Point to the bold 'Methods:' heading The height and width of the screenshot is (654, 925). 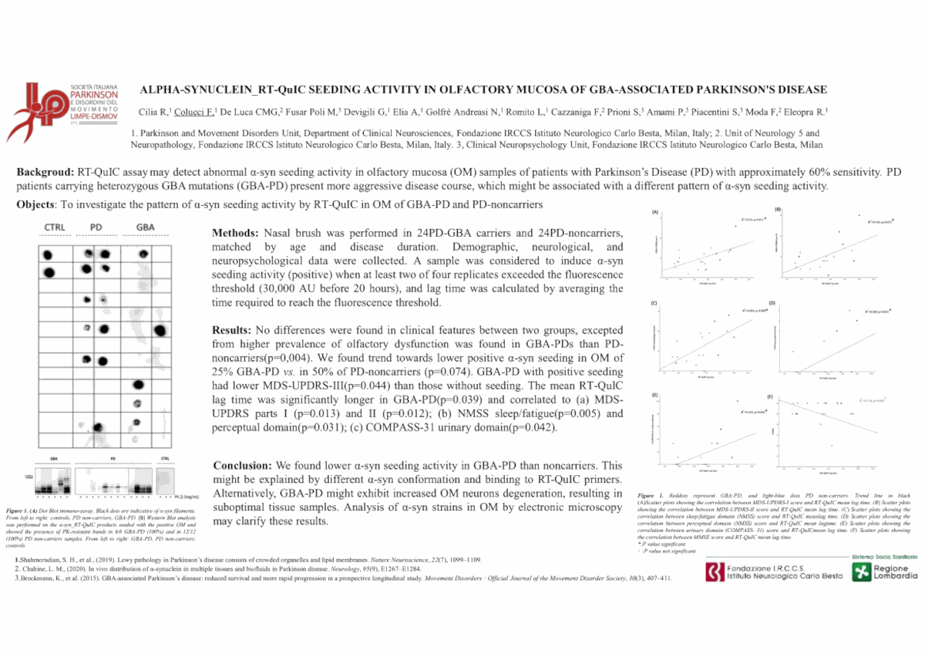(237, 233)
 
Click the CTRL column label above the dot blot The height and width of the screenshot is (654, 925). (55, 227)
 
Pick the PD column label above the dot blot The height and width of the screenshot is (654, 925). (96, 227)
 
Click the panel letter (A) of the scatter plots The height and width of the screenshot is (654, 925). (655, 211)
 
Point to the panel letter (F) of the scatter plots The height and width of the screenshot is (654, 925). (770, 396)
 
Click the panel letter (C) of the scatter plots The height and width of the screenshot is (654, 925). (654, 302)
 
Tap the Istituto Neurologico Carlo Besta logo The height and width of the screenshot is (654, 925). (771, 571)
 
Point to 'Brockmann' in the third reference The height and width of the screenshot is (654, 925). (39, 578)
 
